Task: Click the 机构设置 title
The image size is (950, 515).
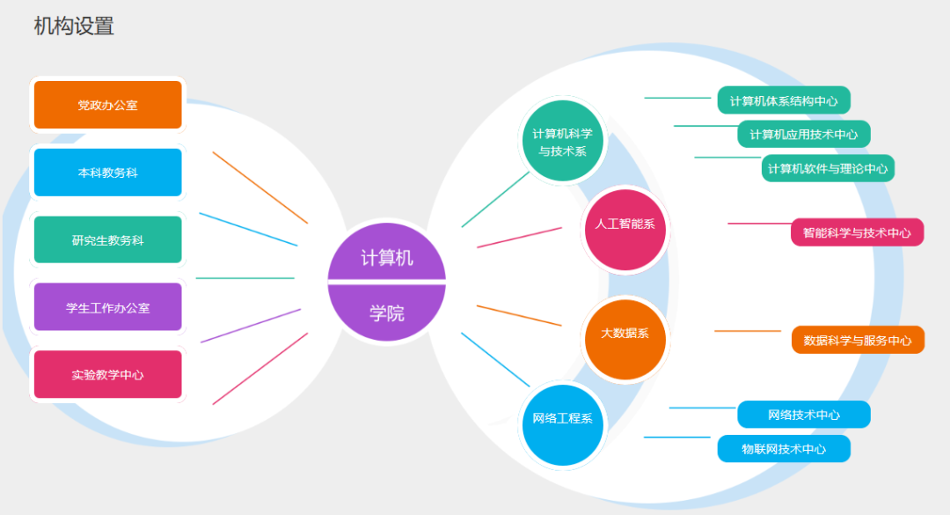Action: click(74, 26)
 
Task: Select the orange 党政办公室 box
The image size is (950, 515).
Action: click(107, 105)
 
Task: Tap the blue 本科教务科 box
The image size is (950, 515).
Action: click(107, 173)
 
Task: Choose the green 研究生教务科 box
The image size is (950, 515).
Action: click(107, 239)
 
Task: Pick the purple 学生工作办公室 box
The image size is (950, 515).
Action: click(107, 307)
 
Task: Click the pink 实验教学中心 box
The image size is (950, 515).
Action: click(107, 374)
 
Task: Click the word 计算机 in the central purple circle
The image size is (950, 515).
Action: click(387, 257)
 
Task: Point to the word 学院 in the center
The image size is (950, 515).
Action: click(387, 313)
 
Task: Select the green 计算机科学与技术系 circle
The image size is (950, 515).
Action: click(562, 142)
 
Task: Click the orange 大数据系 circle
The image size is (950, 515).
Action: click(625, 334)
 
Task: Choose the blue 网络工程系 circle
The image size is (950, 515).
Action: click(561, 418)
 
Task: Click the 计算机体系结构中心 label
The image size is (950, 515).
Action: click(784, 100)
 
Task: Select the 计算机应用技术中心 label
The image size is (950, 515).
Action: click(804, 135)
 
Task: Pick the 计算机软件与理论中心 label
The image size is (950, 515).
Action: click(828, 168)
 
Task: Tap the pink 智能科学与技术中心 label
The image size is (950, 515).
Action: click(857, 232)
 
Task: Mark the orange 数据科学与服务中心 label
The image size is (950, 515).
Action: click(858, 340)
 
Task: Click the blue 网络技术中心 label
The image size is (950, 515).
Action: click(804, 415)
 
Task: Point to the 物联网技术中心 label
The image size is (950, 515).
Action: click(784, 448)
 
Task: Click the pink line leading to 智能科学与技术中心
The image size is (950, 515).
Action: click(758, 224)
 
